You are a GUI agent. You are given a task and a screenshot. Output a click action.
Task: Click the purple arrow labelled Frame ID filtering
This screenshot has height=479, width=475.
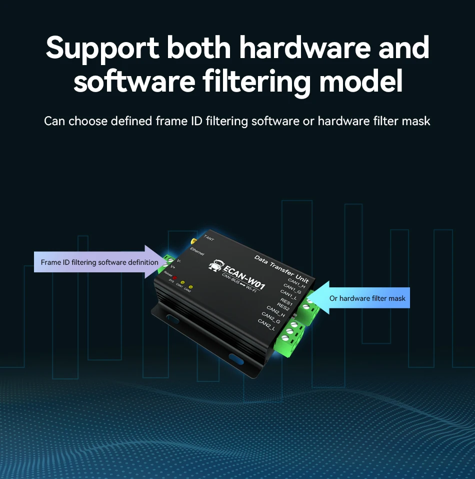click(100, 262)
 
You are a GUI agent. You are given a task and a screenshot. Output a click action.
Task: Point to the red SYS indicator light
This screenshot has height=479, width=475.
click(174, 277)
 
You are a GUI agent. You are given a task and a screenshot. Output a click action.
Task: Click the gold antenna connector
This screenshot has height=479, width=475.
click(195, 238)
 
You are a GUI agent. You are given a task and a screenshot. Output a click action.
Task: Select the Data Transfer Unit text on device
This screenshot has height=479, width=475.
click(281, 269)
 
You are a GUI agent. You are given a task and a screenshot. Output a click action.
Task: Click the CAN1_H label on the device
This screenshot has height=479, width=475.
click(297, 283)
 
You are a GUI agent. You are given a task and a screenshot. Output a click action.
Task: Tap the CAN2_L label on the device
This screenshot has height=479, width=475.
click(266, 324)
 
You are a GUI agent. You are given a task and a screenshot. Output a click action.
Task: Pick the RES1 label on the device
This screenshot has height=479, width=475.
click(286, 301)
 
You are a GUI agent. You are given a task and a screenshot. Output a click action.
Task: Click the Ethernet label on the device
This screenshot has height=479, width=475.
click(196, 253)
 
